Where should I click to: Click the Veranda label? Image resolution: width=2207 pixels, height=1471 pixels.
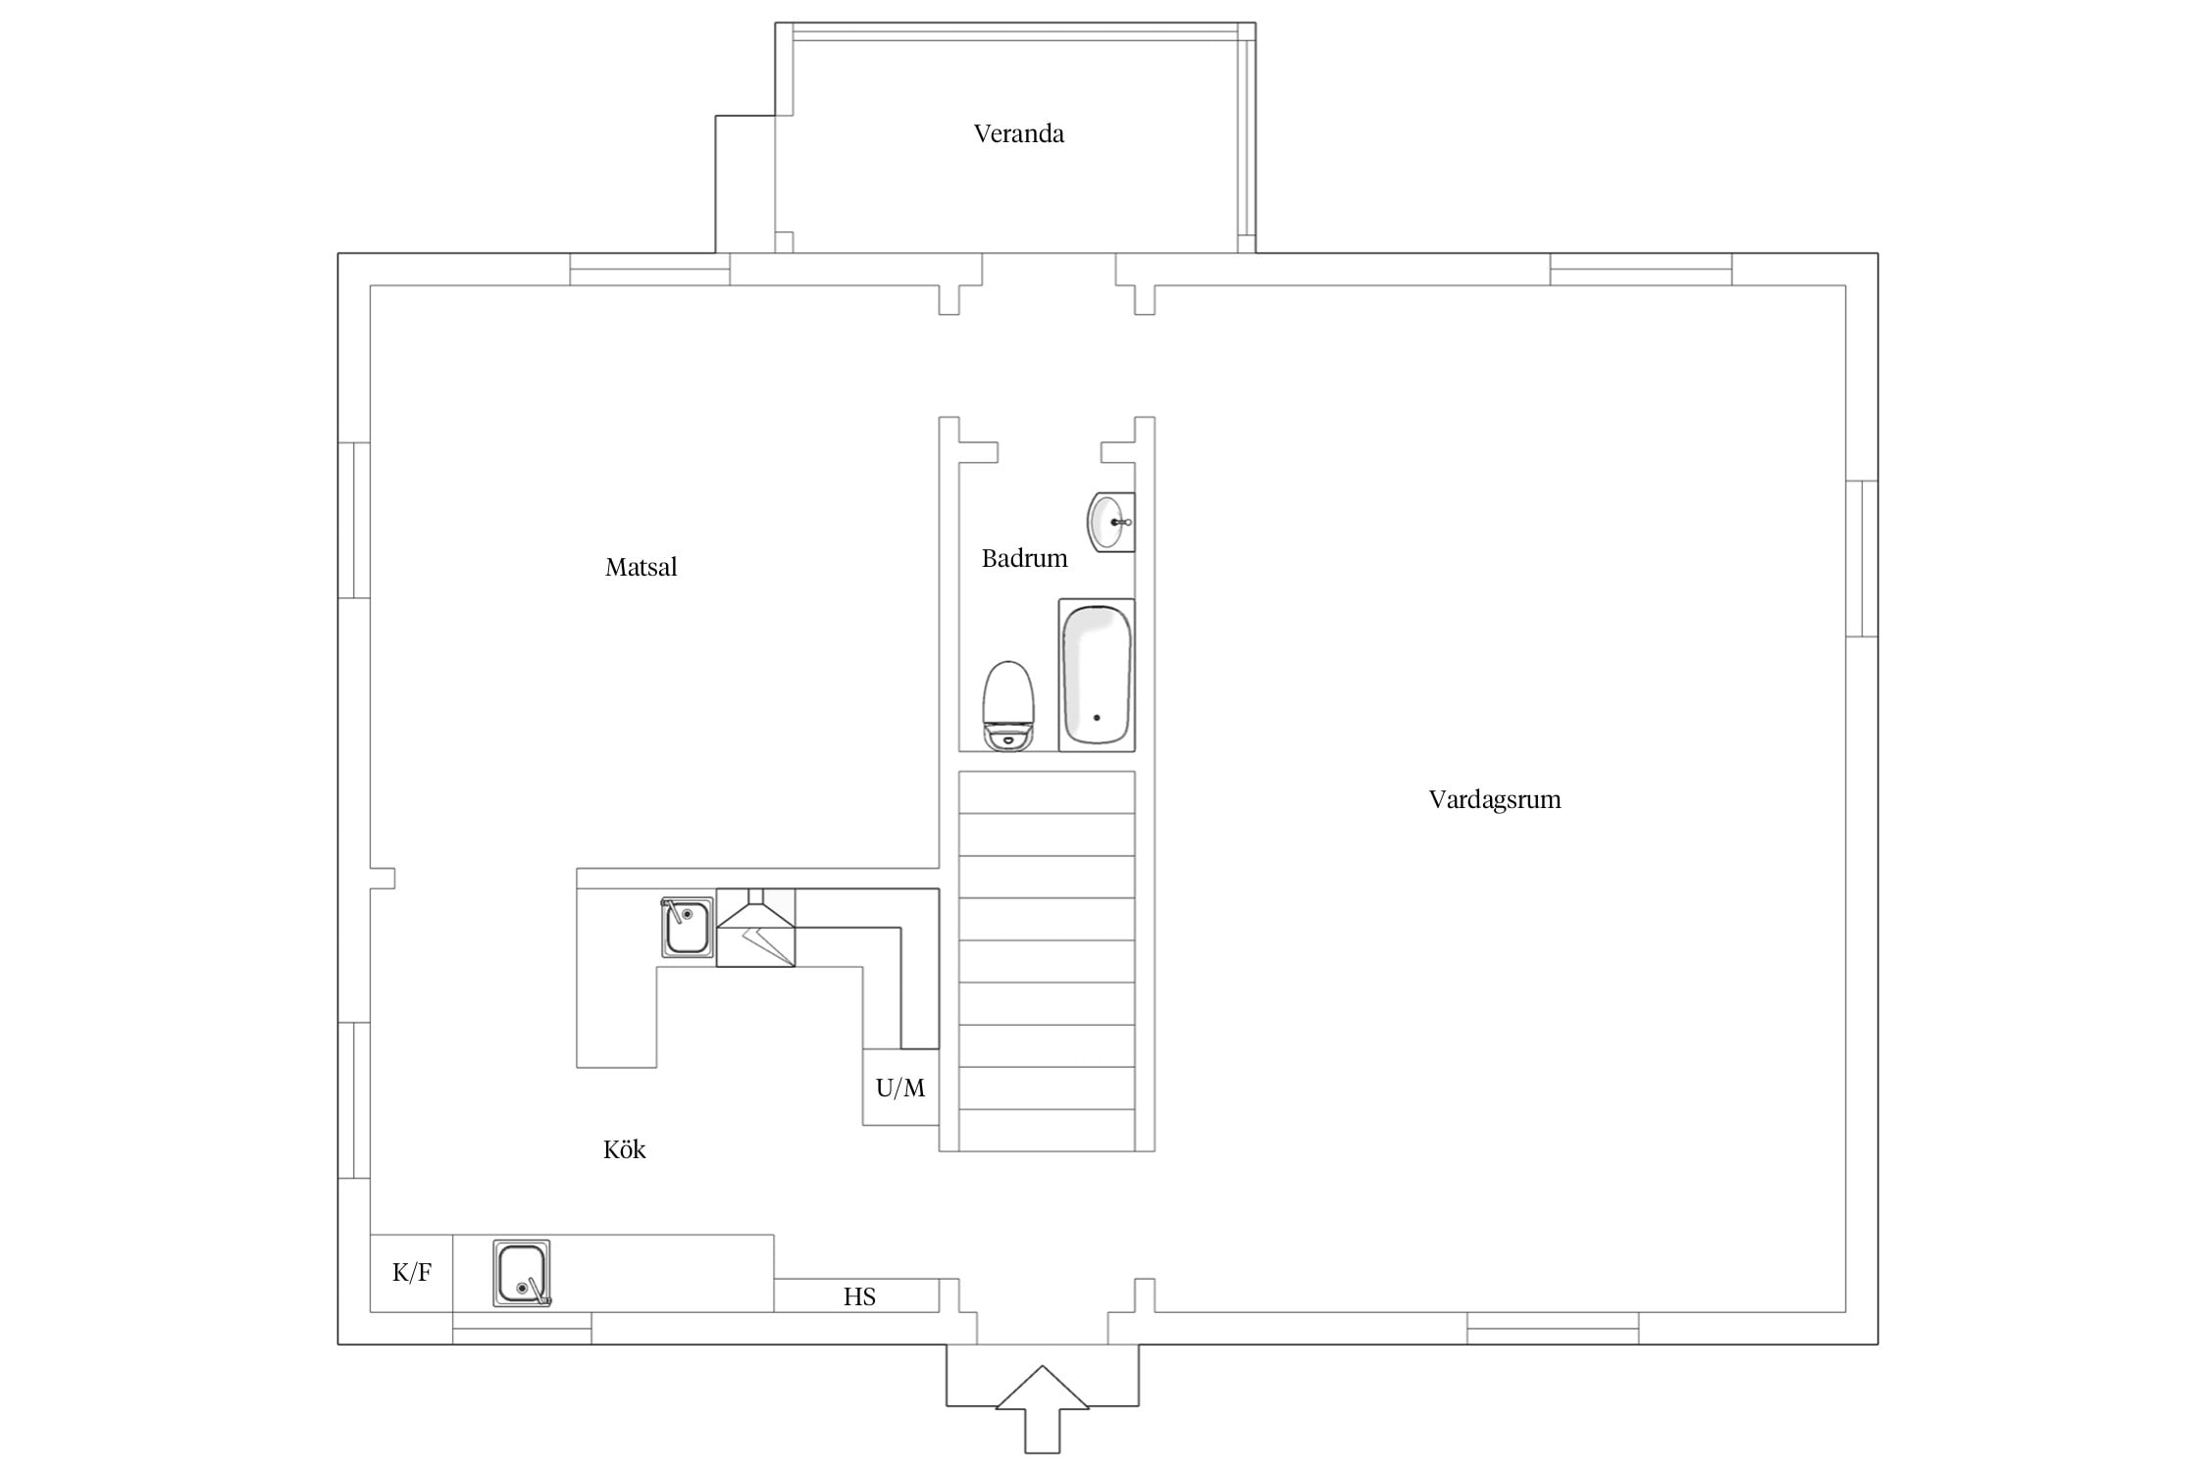click(x=1018, y=133)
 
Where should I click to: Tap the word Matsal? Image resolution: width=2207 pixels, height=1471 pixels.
click(x=641, y=567)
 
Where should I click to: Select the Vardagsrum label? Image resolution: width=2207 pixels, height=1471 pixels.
click(x=1494, y=799)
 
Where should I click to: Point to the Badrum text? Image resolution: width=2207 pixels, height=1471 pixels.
click(x=1024, y=558)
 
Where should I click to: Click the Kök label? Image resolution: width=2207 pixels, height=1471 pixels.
click(x=624, y=1149)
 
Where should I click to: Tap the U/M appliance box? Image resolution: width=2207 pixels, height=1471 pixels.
click(x=900, y=1087)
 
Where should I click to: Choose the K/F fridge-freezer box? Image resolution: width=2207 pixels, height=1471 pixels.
click(x=411, y=1273)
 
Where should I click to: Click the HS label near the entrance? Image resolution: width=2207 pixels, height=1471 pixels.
click(x=859, y=1296)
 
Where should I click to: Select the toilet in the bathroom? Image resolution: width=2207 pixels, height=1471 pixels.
click(x=1008, y=706)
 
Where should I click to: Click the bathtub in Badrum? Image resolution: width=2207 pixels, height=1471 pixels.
click(x=1097, y=675)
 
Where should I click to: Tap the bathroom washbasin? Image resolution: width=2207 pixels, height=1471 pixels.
click(x=1110, y=522)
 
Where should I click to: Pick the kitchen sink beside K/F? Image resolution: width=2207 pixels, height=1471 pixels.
click(x=522, y=1273)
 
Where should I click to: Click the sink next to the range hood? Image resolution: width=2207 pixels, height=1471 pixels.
click(x=687, y=927)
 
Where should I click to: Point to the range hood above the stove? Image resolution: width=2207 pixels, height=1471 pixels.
click(x=755, y=928)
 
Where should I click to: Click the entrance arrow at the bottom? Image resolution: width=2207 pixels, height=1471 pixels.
click(x=1042, y=1408)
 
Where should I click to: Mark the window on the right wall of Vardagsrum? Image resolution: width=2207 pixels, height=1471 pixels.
click(x=1862, y=559)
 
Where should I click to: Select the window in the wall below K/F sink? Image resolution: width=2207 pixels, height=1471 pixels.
click(x=522, y=1328)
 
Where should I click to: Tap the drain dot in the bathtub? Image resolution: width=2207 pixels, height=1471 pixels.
click(x=1097, y=718)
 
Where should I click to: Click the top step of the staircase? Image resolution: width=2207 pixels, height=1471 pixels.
click(x=1047, y=792)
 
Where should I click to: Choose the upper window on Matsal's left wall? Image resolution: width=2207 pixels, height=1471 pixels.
click(x=354, y=520)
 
